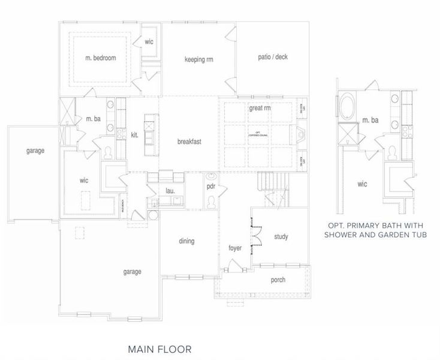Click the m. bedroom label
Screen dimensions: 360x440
(101, 58)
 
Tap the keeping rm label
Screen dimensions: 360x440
(199, 59)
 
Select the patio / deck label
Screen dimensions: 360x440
(273, 58)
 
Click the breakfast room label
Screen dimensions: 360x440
(189, 142)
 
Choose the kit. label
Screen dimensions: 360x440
(134, 135)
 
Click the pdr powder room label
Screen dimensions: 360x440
(212, 187)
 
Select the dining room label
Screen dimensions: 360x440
(186, 241)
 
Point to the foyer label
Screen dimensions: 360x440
(234, 248)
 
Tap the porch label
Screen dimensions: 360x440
(278, 280)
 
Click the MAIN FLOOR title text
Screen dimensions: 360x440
(160, 348)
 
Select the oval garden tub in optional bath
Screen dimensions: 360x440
(347, 109)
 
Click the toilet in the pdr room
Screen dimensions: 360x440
(212, 202)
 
